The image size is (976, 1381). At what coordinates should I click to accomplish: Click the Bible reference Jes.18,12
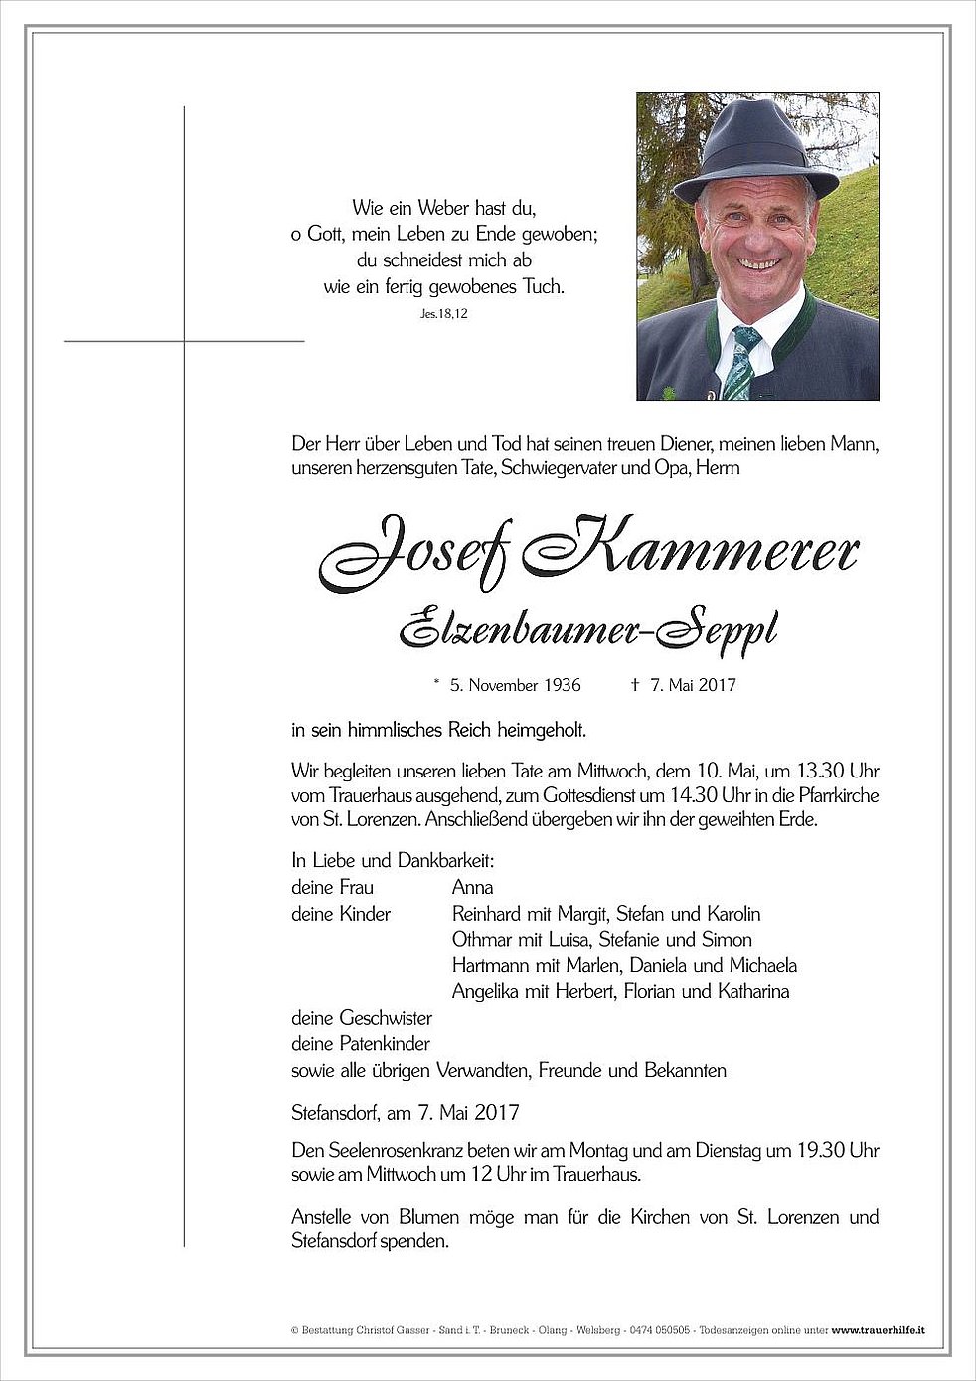(443, 314)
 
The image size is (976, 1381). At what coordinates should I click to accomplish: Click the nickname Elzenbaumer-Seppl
(587, 628)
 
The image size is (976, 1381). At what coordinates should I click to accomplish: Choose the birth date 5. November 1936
(515, 685)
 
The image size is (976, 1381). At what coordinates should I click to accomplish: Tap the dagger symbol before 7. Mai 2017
(635, 685)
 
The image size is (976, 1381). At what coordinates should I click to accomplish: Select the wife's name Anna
(472, 887)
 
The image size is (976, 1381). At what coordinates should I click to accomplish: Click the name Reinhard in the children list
(487, 914)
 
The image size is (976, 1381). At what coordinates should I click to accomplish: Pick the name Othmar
(482, 940)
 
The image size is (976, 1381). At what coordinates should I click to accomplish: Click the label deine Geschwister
(362, 1018)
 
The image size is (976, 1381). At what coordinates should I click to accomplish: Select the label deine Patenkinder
(361, 1044)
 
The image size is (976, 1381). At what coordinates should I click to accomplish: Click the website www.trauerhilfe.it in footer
(878, 1330)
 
